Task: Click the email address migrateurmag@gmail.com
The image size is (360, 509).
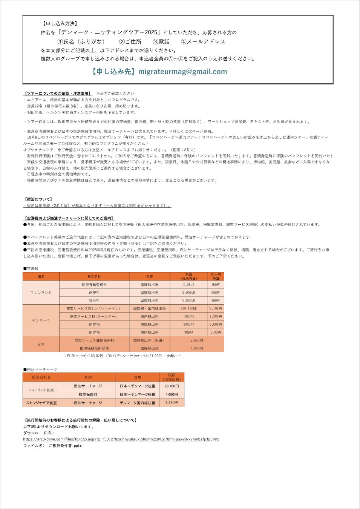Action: (x=182, y=72)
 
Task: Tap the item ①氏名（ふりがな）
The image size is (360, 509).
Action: (x=81, y=41)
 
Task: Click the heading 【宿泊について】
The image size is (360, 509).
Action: (x=38, y=199)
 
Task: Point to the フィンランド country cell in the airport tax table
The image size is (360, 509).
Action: (x=41, y=293)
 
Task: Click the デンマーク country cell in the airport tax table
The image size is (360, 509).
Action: (x=41, y=320)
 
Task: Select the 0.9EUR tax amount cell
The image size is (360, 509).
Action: (x=188, y=285)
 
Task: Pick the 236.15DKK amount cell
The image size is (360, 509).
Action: (x=188, y=308)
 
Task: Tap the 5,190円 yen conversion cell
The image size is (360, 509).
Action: (x=216, y=308)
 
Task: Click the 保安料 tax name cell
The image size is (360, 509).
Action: (x=94, y=293)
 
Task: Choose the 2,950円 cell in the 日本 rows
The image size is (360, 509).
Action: (x=197, y=340)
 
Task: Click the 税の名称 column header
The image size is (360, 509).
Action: (x=94, y=276)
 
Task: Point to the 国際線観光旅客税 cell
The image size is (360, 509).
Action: (x=94, y=348)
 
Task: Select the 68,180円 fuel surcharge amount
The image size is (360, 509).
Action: (x=172, y=386)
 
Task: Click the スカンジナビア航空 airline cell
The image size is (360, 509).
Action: (x=41, y=403)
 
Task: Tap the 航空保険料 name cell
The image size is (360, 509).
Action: (x=88, y=394)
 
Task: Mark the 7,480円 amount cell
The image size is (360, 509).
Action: (x=172, y=403)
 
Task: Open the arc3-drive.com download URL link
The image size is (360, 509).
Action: (x=121, y=439)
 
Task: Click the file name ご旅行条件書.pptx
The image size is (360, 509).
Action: (x=65, y=446)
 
